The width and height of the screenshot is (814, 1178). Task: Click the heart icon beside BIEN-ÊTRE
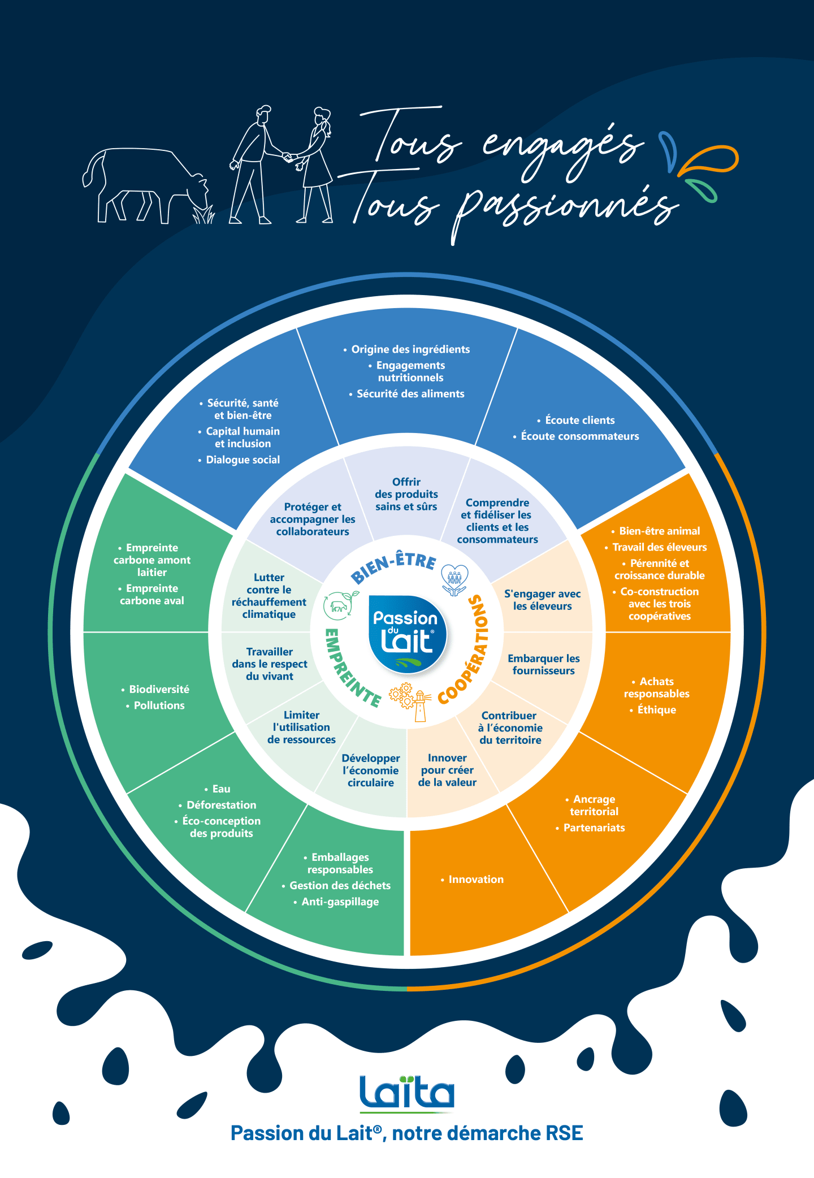tap(454, 579)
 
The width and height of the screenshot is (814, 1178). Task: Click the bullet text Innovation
tap(475, 880)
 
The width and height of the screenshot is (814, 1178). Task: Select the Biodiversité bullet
tap(159, 690)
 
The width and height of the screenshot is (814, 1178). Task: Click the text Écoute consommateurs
tap(579, 436)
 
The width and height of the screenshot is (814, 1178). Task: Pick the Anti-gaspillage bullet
tap(340, 902)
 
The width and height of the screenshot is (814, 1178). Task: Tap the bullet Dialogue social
tap(243, 460)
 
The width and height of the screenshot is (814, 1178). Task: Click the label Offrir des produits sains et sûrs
tap(406, 495)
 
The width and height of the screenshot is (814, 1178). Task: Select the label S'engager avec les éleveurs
tap(542, 600)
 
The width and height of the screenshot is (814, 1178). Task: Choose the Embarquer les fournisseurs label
tap(543, 665)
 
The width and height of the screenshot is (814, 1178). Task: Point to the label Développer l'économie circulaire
tap(371, 770)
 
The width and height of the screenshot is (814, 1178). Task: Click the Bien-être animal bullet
tap(659, 531)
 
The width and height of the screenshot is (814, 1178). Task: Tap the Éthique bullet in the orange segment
tap(656, 710)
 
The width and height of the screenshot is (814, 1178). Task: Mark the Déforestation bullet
tap(221, 805)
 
